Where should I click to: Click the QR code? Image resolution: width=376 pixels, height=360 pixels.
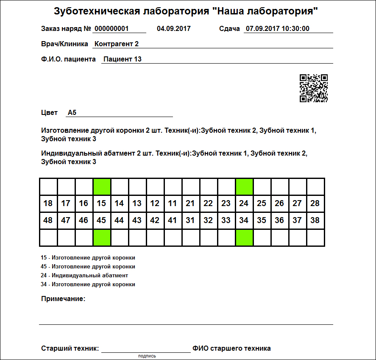[313, 88]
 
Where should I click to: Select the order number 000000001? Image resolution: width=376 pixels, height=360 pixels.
[111, 29]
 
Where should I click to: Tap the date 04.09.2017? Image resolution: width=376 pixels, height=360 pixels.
[174, 29]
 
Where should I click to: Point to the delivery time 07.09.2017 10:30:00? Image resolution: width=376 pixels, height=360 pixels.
[278, 29]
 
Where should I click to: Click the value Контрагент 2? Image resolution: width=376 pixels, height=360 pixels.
[117, 44]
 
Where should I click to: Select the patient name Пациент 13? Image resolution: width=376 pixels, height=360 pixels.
[123, 59]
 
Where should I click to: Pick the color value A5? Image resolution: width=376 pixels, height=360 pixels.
[72, 113]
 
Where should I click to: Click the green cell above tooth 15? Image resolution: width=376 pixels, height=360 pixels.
[102, 187]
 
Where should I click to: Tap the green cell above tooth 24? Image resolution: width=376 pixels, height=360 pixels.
[244, 187]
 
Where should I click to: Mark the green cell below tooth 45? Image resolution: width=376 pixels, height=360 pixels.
[102, 237]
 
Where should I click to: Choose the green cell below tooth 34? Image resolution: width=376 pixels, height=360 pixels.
[244, 237]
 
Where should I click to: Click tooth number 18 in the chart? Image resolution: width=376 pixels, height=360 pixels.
[48, 204]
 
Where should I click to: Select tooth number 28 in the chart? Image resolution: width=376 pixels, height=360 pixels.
[315, 204]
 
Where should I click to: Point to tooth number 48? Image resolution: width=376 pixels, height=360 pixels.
[48, 220]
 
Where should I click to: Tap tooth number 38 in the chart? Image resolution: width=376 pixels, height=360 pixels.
[315, 220]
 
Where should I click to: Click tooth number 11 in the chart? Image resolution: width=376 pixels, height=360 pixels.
[173, 204]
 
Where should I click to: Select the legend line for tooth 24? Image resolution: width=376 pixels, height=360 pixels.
[84, 276]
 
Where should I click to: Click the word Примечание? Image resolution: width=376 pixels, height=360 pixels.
[63, 299]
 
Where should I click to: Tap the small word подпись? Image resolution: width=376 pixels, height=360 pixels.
[147, 356]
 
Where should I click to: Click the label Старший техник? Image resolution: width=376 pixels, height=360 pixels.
[70, 349]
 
